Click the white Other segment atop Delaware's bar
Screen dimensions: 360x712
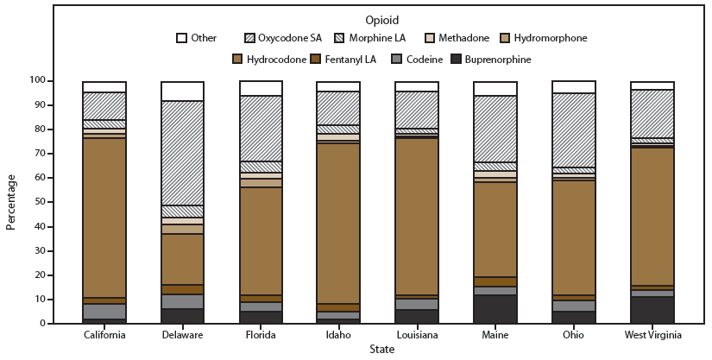pos(182,92)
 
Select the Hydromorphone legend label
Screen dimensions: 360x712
pos(550,38)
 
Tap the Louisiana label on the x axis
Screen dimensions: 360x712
pos(417,334)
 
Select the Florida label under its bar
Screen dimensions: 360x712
pos(261,334)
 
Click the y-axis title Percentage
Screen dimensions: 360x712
pos(11,202)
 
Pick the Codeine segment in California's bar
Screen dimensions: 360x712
pos(104,311)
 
